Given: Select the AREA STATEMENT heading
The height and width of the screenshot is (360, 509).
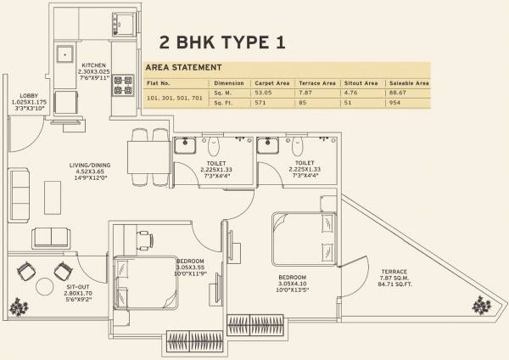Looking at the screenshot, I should (x=184, y=67).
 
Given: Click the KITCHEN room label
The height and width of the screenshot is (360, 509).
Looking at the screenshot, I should (x=93, y=65).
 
